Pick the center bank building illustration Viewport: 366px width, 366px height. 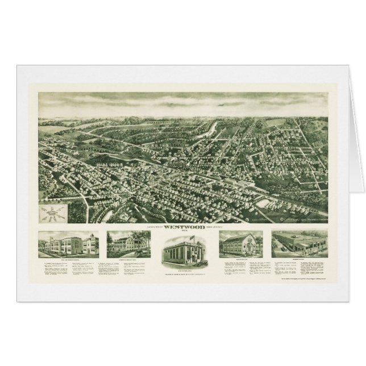(x=182, y=248)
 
